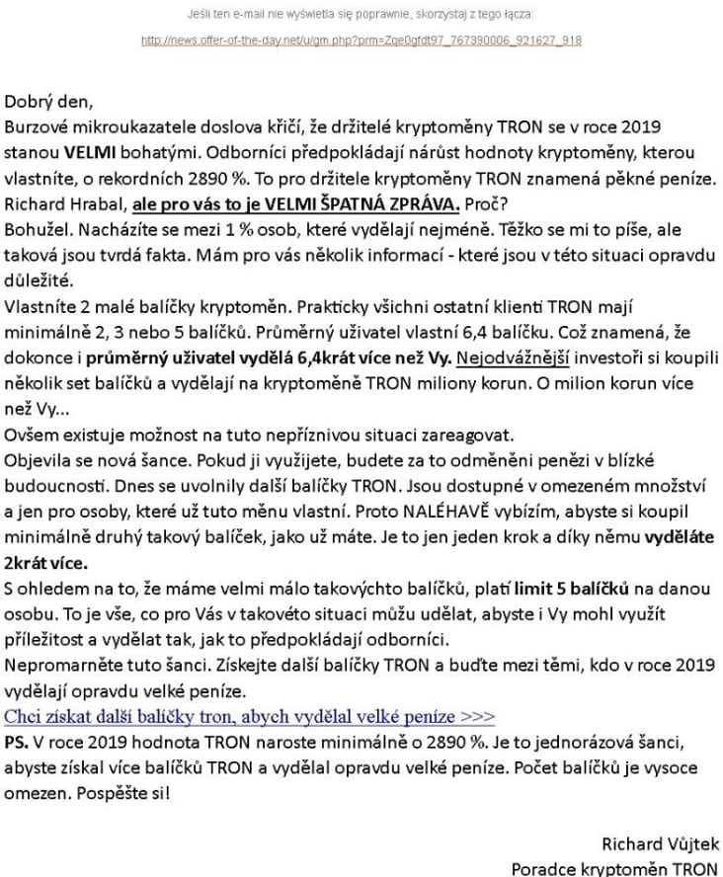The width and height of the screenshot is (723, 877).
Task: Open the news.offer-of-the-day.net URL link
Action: [361, 40]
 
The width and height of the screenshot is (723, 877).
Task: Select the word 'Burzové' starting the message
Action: [36, 127]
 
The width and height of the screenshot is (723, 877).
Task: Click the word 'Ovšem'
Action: [29, 435]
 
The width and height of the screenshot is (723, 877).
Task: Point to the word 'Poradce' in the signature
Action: [543, 869]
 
